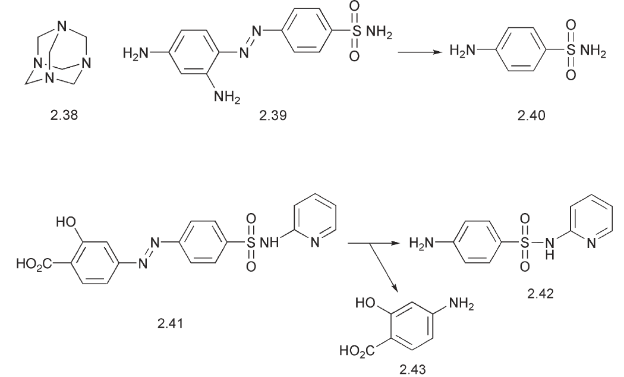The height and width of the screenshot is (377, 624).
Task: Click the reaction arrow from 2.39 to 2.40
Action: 420,52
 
